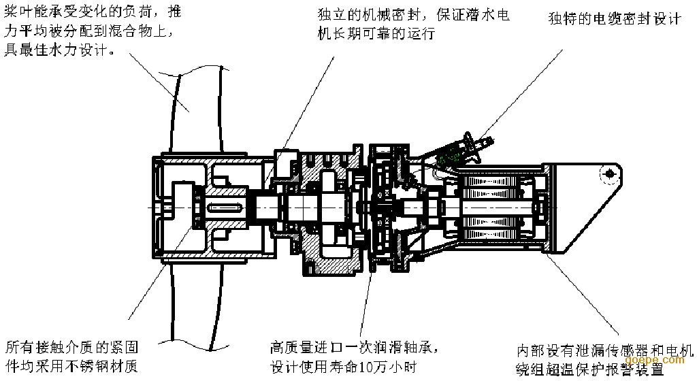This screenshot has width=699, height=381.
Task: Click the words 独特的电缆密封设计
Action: click(x=614, y=19)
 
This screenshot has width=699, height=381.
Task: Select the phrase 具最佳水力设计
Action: click(x=59, y=51)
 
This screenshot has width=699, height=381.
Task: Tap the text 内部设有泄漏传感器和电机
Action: click(x=604, y=351)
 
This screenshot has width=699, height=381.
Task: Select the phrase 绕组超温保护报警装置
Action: click(x=589, y=369)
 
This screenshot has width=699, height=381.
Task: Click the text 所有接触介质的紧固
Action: click(x=72, y=347)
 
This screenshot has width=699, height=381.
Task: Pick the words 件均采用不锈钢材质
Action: click(x=72, y=367)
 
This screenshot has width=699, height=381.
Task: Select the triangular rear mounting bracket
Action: click(x=585, y=204)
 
